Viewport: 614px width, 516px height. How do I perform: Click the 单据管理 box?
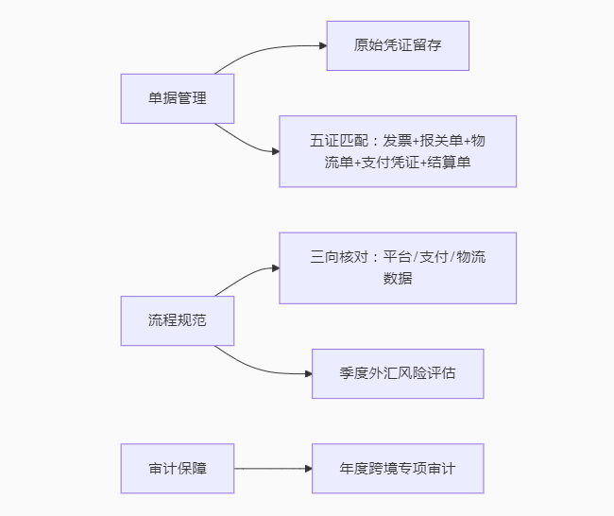(178, 98)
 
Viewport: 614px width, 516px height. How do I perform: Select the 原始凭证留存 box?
(398, 45)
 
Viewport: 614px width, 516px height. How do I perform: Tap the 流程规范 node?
(178, 320)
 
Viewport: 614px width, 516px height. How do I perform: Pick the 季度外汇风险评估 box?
(398, 373)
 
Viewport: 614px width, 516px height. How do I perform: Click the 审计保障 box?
(178, 468)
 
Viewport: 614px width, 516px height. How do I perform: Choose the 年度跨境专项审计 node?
(398, 468)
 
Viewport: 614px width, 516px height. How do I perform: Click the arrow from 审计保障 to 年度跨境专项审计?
(273, 468)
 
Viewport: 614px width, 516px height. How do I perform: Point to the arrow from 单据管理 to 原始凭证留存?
(269, 48)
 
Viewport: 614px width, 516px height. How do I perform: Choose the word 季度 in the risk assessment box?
(352, 373)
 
